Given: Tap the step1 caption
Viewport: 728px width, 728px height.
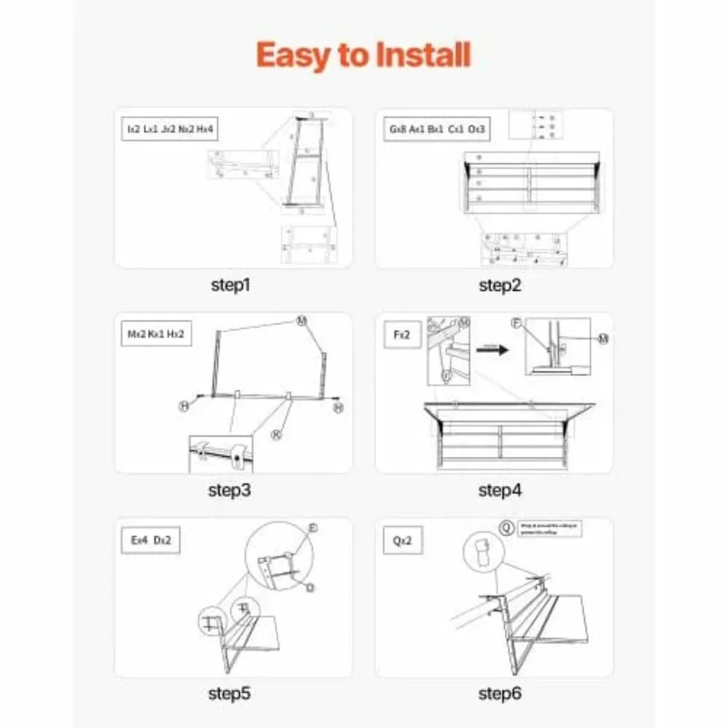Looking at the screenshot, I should point(231,285).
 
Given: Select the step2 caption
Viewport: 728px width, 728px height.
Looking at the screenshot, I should point(499,285).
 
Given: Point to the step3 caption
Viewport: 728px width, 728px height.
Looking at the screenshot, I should point(229,490).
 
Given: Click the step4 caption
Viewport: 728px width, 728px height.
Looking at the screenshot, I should point(499,490).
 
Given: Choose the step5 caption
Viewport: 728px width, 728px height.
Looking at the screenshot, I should point(229,693).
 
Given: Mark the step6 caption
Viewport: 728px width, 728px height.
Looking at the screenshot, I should point(499,693).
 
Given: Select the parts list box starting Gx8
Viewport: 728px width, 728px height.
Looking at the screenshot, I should point(436,129).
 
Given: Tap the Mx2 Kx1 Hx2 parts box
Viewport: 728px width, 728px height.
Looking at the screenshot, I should point(156,334).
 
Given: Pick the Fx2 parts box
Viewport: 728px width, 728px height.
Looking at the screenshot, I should point(402,334).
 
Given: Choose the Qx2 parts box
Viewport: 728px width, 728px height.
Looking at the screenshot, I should point(402,540).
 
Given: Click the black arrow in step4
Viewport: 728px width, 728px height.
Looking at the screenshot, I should point(491,349).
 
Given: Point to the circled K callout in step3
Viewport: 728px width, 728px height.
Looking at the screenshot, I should point(276,434).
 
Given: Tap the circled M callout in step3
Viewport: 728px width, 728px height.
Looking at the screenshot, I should point(302,321).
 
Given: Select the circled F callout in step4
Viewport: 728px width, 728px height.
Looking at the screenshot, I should point(517,323).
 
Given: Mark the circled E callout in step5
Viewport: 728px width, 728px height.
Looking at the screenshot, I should point(312,528).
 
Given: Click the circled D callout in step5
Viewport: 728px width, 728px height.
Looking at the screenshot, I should point(310,587).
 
